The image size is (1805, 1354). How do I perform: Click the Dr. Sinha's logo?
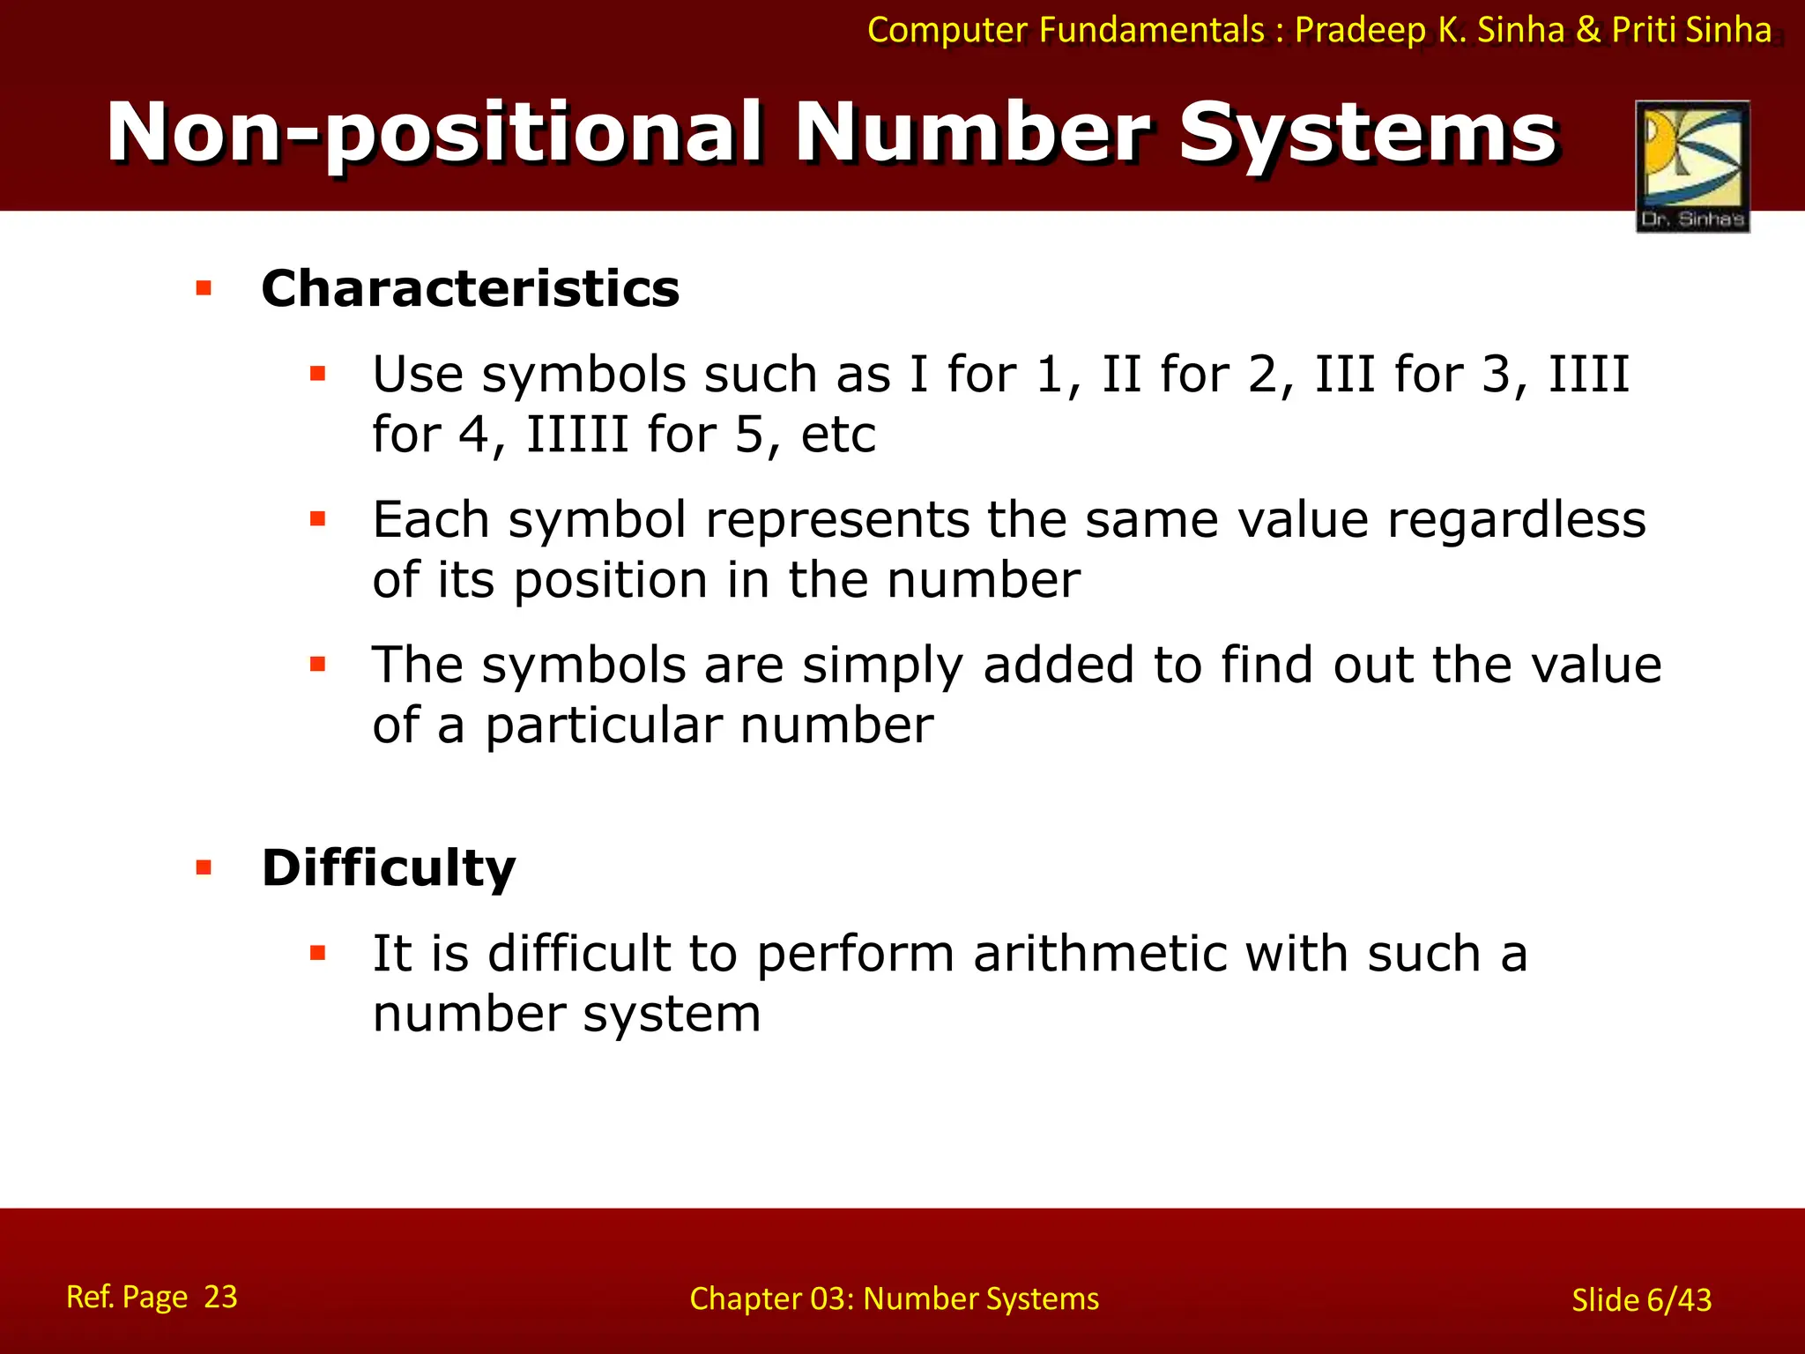[x=1692, y=166]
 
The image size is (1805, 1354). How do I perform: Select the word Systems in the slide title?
[x=1368, y=133]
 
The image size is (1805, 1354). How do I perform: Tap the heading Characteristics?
[x=471, y=288]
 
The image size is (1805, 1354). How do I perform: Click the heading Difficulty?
[x=389, y=867]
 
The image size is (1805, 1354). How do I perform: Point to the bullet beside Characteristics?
[x=204, y=288]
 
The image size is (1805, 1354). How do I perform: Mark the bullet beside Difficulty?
[x=204, y=868]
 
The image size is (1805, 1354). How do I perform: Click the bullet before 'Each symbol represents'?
[x=318, y=519]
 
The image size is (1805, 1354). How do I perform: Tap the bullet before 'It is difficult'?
[x=318, y=953]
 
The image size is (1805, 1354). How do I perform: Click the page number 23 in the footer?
[x=220, y=1297]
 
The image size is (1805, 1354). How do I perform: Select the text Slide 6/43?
[x=1641, y=1300]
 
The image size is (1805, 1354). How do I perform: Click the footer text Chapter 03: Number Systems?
[x=894, y=1298]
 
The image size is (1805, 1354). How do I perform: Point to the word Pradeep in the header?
[x=1360, y=30]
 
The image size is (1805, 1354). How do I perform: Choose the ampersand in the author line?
[x=1588, y=30]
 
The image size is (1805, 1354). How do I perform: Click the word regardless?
[x=1516, y=519]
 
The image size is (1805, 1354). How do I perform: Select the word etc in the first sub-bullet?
[x=838, y=435]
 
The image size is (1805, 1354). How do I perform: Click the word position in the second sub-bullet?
[x=611, y=581]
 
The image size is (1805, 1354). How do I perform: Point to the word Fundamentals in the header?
[x=1151, y=30]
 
